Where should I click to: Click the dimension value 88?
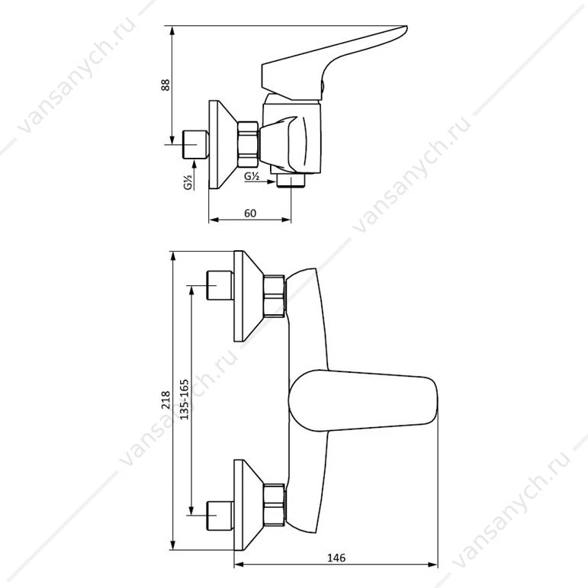165,85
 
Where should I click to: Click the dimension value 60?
250,213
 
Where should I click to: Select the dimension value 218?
165,400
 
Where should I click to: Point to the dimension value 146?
336,558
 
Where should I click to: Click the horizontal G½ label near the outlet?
252,176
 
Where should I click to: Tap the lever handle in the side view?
334,63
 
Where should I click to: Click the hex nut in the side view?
248,143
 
